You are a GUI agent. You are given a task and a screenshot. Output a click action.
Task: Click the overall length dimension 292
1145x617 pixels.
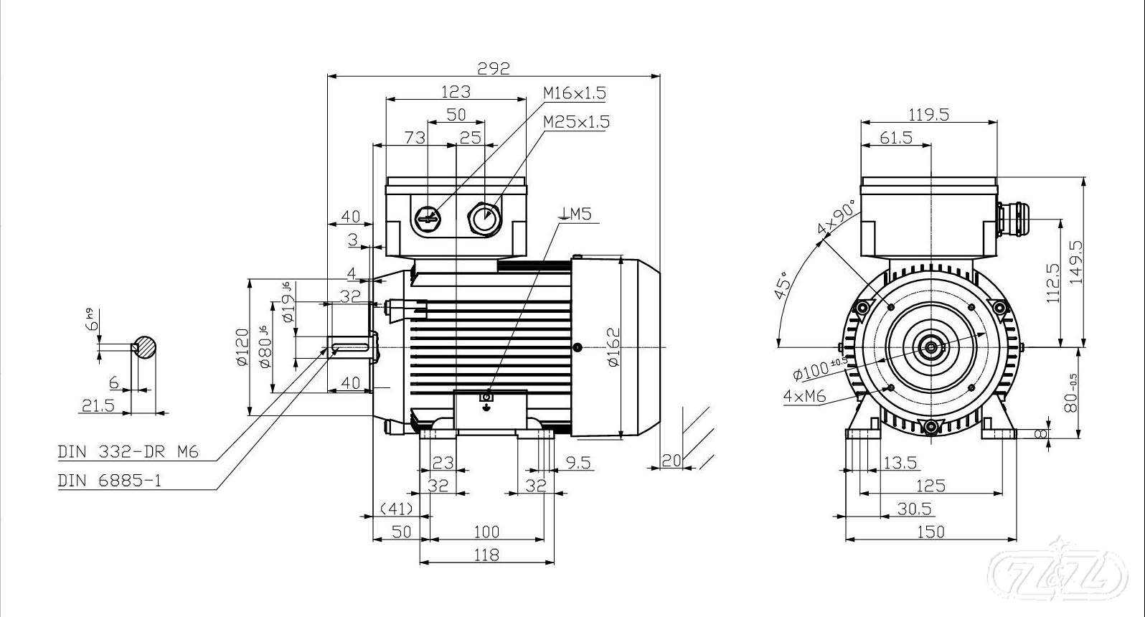click(494, 68)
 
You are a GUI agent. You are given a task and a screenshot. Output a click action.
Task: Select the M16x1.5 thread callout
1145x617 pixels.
click(574, 93)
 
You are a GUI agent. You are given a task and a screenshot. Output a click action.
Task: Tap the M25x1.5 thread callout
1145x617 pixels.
click(576, 121)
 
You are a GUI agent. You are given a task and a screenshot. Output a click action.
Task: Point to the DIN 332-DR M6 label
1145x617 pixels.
click(128, 452)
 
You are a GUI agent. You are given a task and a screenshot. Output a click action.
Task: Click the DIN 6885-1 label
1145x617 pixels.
click(110, 481)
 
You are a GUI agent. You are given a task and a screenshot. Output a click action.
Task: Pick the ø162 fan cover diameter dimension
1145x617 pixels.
click(612, 347)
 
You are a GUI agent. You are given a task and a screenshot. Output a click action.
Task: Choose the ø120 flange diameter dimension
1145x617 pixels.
click(242, 347)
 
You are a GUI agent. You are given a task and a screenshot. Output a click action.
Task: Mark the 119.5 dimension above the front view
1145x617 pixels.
click(928, 114)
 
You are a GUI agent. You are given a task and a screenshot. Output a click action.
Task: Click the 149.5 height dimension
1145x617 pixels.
click(1075, 262)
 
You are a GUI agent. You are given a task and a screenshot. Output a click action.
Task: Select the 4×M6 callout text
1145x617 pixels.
click(805, 395)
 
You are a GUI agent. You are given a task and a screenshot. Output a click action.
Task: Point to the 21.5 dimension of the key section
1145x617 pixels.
click(98, 405)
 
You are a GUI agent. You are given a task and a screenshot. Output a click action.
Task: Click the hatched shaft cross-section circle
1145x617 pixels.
click(146, 347)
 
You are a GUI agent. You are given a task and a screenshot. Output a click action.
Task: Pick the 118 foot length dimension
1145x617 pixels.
click(486, 555)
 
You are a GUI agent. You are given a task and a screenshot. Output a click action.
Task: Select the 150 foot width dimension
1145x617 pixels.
click(930, 532)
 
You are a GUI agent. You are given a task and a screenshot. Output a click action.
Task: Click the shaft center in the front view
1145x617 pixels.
click(930, 347)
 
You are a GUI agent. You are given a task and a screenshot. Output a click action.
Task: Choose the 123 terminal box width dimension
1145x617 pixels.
click(456, 91)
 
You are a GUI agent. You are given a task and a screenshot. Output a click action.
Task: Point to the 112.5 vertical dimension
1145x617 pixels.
click(1053, 282)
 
